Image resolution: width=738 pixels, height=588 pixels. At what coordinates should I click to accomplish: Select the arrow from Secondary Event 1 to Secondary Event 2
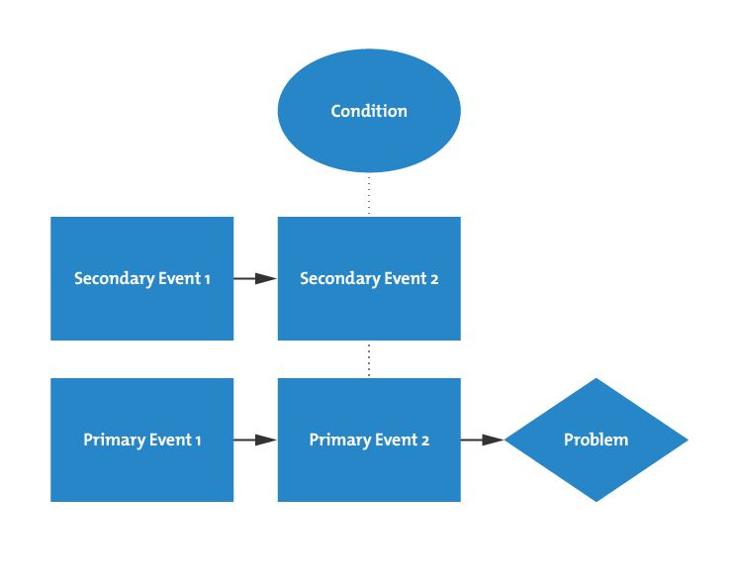tap(255, 279)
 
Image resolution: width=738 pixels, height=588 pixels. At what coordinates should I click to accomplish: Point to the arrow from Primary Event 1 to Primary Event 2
tap(255, 440)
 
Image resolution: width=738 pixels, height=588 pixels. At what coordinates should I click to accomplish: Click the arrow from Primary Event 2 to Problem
tap(483, 440)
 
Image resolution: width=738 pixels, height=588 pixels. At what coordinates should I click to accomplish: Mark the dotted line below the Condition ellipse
tap(369, 195)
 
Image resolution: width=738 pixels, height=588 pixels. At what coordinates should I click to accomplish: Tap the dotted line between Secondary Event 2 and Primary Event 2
tap(369, 359)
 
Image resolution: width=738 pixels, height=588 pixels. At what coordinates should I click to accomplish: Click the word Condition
tap(369, 111)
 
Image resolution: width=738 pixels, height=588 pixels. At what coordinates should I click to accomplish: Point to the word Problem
tap(596, 440)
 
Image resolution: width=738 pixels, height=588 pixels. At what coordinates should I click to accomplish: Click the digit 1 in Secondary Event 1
tap(207, 279)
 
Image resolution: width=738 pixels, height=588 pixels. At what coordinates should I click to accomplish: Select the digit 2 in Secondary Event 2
tap(434, 279)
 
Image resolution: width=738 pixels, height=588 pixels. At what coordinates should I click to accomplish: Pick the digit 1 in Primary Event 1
tap(198, 440)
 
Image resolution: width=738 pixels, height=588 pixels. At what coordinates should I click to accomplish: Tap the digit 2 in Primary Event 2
tap(425, 440)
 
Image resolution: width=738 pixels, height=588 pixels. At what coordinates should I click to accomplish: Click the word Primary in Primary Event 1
tap(111, 440)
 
